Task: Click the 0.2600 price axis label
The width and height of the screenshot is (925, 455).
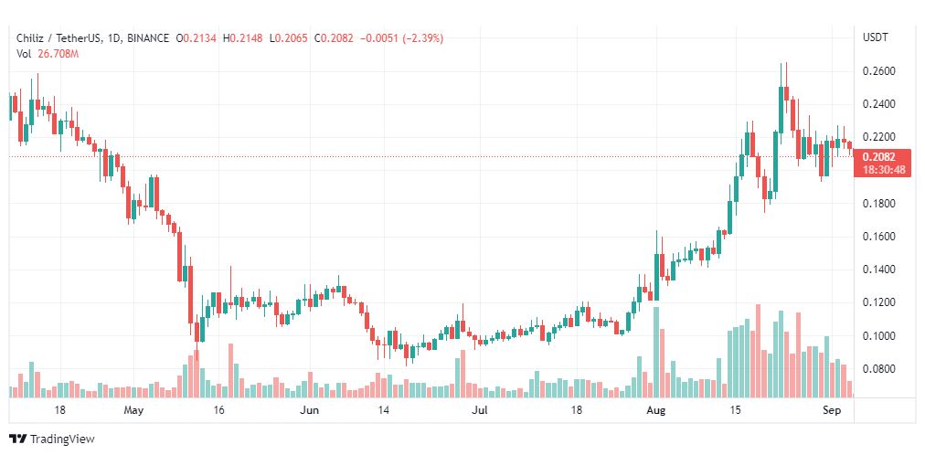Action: pos(879,71)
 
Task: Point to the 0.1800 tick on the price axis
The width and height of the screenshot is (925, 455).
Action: pos(879,204)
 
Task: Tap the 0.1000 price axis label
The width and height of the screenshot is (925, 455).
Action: pos(879,336)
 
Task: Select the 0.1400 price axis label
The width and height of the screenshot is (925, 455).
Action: pos(879,270)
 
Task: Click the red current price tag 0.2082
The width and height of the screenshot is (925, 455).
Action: pos(879,157)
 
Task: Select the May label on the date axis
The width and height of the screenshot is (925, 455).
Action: pos(135,410)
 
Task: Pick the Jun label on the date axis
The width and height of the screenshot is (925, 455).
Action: pos(310,410)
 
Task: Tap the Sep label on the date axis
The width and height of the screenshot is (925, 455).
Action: pos(832,410)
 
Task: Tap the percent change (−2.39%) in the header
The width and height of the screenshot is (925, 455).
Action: pos(422,38)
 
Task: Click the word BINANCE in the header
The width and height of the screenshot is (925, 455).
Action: pos(149,38)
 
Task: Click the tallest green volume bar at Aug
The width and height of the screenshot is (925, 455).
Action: pos(655,353)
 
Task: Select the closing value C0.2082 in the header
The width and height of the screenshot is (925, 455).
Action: pos(334,38)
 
